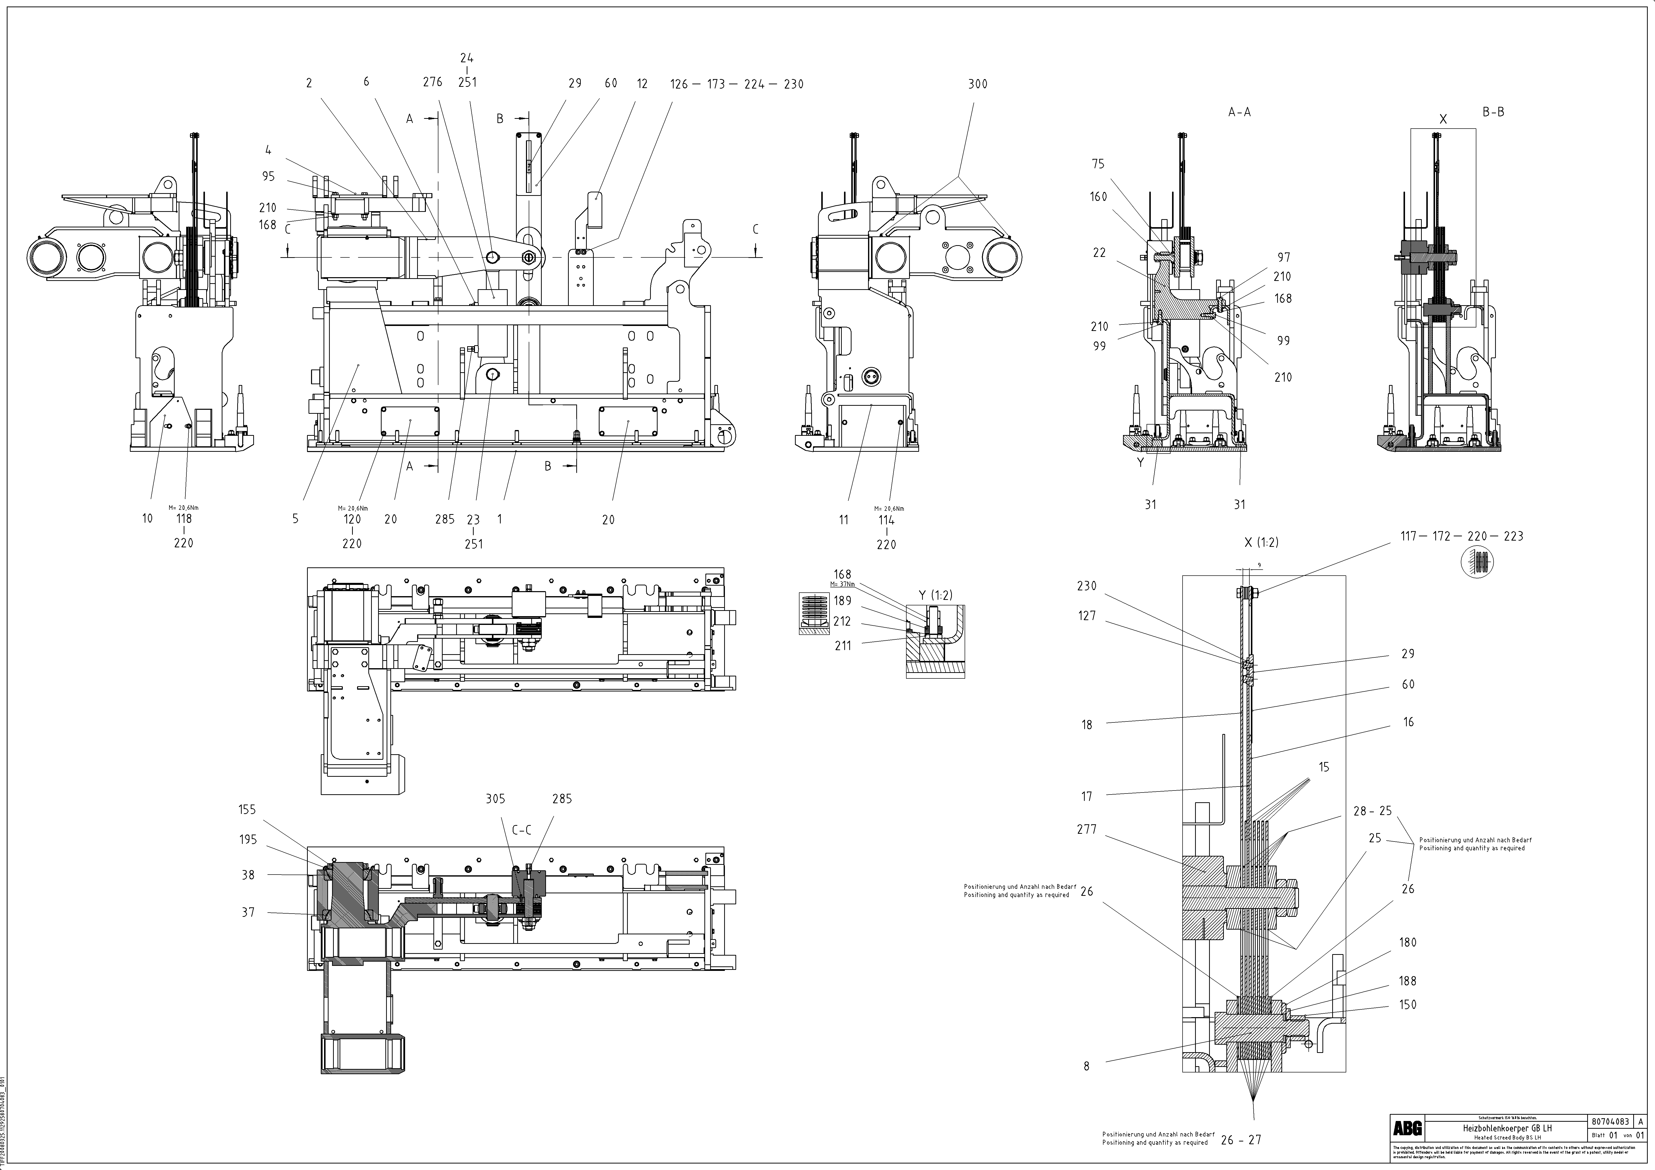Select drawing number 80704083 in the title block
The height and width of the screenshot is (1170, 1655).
coord(1609,1122)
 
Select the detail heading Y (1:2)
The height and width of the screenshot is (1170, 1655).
coord(936,595)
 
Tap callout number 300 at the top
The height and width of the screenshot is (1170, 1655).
coord(977,84)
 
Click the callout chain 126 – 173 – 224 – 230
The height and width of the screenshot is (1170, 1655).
coord(737,84)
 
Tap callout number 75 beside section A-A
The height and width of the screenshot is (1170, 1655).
coord(1098,164)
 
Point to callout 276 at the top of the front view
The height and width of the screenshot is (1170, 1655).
coord(432,82)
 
